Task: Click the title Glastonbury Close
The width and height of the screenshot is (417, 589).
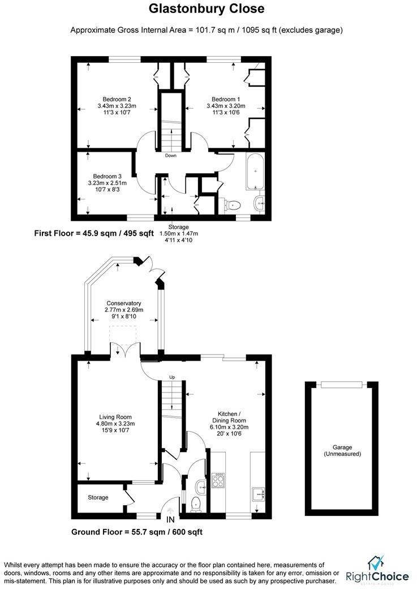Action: pos(206,9)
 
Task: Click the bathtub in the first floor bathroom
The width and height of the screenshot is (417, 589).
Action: pos(256,170)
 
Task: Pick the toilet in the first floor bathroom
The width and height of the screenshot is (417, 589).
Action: pos(233,204)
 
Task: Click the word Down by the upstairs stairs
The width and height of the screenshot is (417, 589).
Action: pos(171,155)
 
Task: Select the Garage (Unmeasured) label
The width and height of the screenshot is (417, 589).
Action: pos(342,450)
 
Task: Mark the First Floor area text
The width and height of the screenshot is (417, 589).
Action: pos(94,233)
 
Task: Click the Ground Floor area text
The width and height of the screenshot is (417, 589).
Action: pos(137,532)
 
